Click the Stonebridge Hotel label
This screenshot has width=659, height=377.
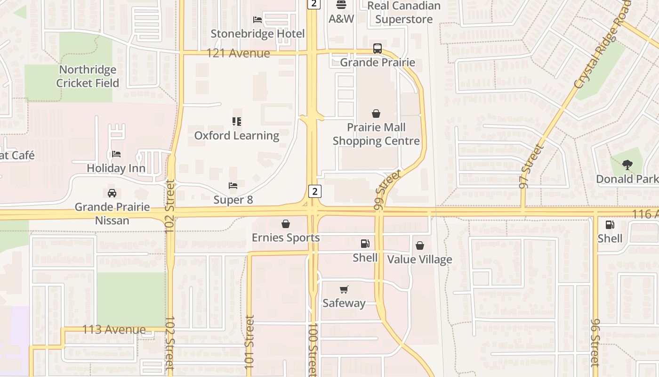point(257,34)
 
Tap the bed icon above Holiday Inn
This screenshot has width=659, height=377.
point(116,154)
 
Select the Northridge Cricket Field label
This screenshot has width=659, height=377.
point(88,76)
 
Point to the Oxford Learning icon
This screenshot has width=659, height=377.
point(237,122)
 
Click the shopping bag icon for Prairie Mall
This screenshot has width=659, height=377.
point(376,114)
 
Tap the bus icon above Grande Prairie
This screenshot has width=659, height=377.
point(378,49)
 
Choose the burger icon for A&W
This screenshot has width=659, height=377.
point(341,5)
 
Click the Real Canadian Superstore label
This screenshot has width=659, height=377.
point(404,12)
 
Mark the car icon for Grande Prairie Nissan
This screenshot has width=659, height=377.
point(112,193)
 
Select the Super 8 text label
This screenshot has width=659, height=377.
point(233,200)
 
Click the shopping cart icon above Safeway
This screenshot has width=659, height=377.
point(344,289)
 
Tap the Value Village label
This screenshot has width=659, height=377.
point(419,260)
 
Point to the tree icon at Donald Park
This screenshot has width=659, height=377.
point(627,165)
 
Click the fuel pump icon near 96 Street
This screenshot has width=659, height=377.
point(610,225)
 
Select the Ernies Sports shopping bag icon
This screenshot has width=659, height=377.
point(286,224)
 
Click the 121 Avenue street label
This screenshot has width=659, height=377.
point(239,53)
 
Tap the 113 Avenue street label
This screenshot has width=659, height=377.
point(114,329)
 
